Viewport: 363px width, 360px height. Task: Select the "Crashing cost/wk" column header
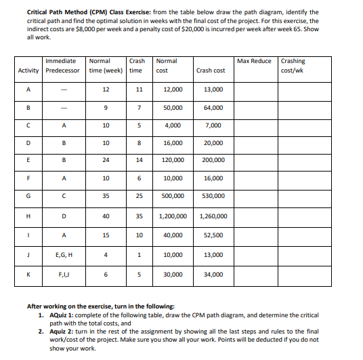point(293,65)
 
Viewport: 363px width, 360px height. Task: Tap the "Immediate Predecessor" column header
point(62,65)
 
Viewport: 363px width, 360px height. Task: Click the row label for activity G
point(28,196)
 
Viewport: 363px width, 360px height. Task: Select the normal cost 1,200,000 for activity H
point(173,216)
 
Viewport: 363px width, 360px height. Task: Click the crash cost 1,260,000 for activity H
point(213,216)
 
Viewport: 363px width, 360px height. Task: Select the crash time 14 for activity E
point(138,160)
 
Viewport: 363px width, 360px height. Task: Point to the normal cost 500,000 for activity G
point(173,196)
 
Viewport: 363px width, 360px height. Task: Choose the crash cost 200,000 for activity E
point(213,160)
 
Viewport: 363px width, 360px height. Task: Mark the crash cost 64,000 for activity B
point(213,107)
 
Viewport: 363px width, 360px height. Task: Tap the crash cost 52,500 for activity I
point(213,235)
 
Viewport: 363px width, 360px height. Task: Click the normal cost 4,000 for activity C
point(173,125)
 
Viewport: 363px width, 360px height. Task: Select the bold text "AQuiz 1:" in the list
point(61,315)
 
